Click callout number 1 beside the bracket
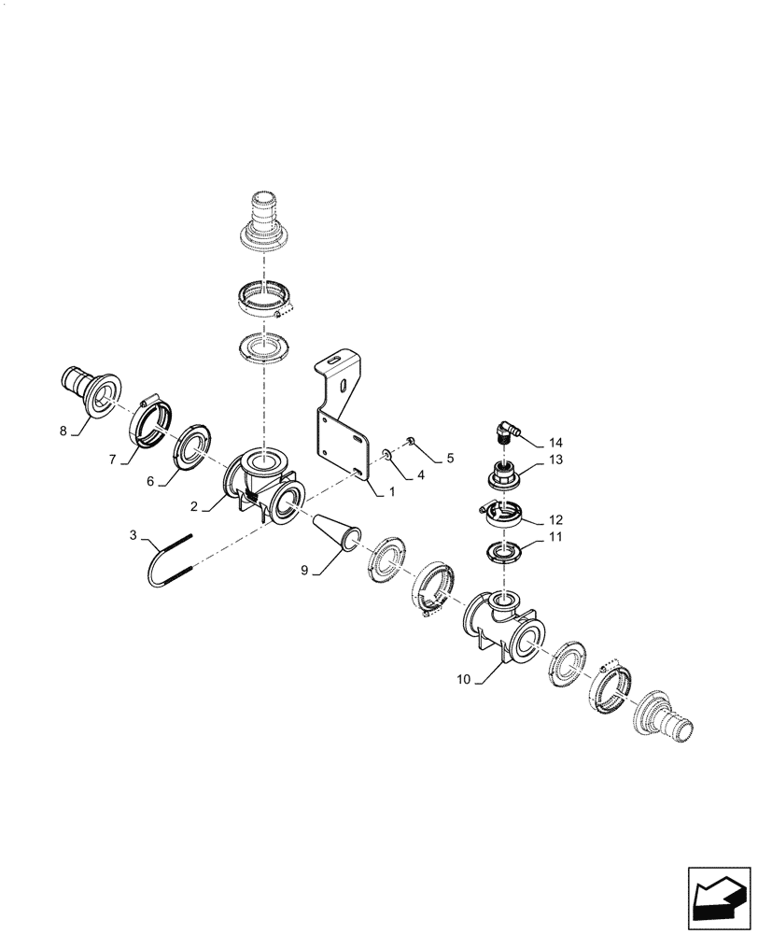pos(393,490)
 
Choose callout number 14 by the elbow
pos(557,441)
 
